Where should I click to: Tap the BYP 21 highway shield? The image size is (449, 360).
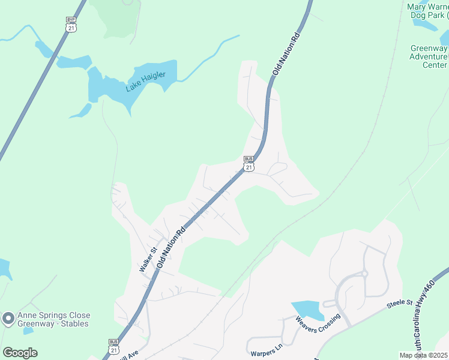(x=71, y=25)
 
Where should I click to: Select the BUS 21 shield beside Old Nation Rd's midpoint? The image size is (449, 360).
(x=249, y=163)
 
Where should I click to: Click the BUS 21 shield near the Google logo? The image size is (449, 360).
(x=114, y=346)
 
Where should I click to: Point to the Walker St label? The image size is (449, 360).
(x=148, y=260)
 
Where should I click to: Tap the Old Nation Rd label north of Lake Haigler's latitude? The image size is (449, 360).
(x=286, y=55)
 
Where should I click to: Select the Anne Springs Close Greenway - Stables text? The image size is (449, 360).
(x=53, y=319)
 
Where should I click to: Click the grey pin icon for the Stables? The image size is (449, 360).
(x=8, y=319)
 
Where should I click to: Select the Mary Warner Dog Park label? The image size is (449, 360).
(x=427, y=10)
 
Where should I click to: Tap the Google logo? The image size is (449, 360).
(x=20, y=352)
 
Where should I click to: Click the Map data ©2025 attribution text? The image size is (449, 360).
(x=423, y=355)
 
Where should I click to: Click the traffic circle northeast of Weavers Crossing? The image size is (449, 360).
(x=364, y=274)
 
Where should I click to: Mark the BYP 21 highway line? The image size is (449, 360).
(x=36, y=90)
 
